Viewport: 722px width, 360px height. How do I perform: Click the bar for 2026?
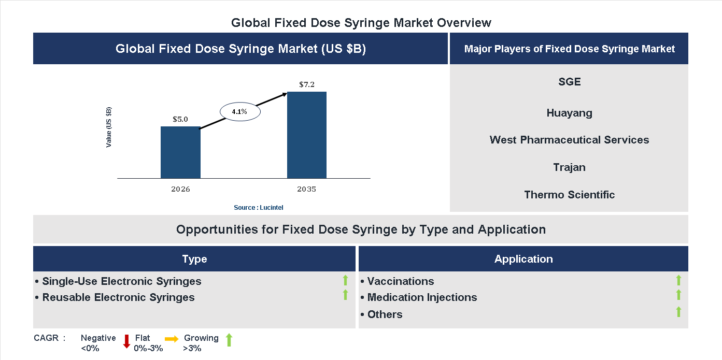pyautogui.click(x=180, y=152)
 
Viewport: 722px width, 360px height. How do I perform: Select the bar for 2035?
pyautogui.click(x=307, y=135)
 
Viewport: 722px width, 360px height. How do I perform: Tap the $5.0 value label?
pyautogui.click(x=180, y=119)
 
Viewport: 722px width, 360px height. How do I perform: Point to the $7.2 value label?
pyautogui.click(x=307, y=84)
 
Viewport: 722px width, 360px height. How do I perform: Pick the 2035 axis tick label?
pyautogui.click(x=307, y=189)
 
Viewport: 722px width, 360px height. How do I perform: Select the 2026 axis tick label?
pyautogui.click(x=180, y=189)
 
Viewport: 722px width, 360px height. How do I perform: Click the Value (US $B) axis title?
pyautogui.click(x=109, y=127)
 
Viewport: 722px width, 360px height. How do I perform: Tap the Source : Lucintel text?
pyautogui.click(x=259, y=208)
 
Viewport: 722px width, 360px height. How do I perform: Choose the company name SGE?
pyautogui.click(x=570, y=82)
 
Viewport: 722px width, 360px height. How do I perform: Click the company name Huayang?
pyautogui.click(x=569, y=113)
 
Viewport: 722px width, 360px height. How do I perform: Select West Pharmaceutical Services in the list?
pyautogui.click(x=569, y=140)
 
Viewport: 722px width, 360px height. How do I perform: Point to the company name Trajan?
pyautogui.click(x=569, y=167)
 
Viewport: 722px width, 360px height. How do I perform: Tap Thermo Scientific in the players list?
pyautogui.click(x=569, y=195)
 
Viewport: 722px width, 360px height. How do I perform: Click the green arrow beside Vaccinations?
pyautogui.click(x=678, y=280)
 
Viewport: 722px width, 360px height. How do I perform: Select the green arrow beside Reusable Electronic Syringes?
pyautogui.click(x=345, y=295)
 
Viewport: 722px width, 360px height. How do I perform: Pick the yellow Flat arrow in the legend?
pyautogui.click(x=172, y=339)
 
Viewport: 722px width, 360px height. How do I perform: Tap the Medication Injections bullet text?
pyautogui.click(x=422, y=297)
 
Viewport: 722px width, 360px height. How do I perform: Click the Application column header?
pyautogui.click(x=523, y=259)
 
